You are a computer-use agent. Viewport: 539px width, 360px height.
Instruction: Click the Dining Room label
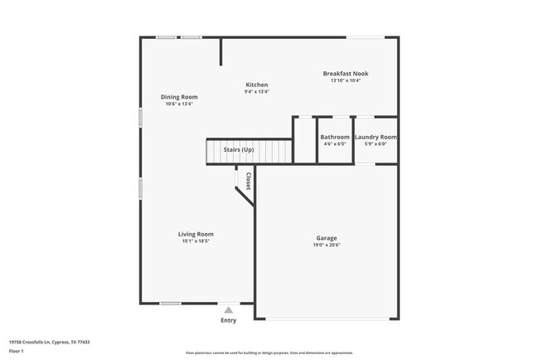point(179,97)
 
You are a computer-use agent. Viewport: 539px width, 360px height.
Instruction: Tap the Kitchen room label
point(256,85)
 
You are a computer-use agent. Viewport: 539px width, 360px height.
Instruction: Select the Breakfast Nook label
point(345,73)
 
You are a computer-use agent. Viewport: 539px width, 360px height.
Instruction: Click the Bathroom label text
point(335,137)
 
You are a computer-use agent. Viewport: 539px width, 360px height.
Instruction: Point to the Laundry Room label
point(376,137)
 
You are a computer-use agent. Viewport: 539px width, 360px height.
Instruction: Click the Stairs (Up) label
point(239,149)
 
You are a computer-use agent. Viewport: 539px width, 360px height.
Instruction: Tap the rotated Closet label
point(247,181)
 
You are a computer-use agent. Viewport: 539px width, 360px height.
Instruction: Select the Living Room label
point(196,234)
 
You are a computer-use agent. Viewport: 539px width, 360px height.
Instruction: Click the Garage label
point(326,238)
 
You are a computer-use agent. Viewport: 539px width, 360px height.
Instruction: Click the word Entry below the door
point(228,320)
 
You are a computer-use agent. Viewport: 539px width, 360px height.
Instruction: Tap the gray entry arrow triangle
point(228,309)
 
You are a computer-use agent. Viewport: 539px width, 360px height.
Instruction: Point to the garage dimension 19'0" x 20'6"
point(326,246)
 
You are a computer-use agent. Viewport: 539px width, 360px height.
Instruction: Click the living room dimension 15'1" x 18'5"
point(196,241)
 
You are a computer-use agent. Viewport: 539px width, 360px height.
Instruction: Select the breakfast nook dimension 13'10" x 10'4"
point(345,80)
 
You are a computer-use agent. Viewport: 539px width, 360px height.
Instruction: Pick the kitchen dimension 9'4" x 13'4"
point(256,92)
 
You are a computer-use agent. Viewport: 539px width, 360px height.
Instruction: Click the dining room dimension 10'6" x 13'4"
point(179,105)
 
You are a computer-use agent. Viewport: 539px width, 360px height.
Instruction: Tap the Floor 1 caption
point(17,351)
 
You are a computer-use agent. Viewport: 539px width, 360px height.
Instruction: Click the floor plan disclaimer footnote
point(269,353)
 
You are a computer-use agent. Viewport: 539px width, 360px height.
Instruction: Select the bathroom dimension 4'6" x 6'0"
point(335,144)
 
